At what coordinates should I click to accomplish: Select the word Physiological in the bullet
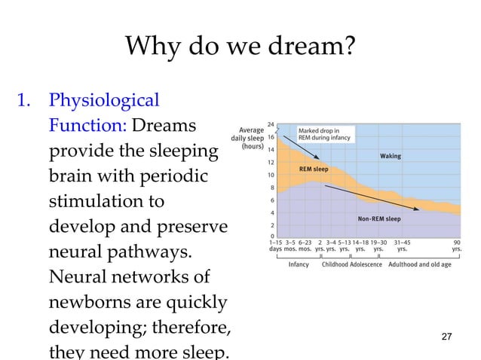(103, 100)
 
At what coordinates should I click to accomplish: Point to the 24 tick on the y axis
(271, 124)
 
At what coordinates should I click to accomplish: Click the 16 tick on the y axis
(271, 137)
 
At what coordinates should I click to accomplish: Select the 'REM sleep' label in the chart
(314, 169)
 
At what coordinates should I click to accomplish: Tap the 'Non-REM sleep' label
(378, 219)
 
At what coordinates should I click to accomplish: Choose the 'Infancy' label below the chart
(299, 264)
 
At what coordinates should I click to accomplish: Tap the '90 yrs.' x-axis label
(457, 246)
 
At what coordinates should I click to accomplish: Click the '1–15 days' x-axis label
(276, 246)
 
